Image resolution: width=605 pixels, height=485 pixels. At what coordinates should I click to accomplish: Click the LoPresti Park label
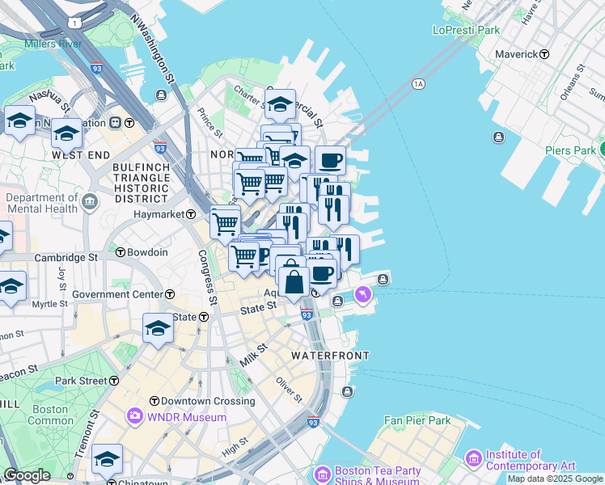click(466, 31)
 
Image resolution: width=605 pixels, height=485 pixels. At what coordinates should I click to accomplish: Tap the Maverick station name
click(517, 54)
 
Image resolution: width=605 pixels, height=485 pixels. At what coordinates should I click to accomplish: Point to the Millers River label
click(53, 43)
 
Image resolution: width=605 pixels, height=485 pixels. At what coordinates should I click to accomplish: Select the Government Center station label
click(117, 294)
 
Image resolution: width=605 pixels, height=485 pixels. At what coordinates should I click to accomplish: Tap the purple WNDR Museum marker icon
click(133, 417)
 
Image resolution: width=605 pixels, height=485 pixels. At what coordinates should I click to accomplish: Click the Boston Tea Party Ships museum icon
click(323, 474)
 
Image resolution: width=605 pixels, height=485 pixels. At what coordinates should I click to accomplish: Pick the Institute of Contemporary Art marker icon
click(473, 459)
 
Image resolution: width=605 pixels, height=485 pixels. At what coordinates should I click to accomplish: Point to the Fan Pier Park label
click(417, 420)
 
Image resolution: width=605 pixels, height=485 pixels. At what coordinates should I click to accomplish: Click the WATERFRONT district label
click(330, 356)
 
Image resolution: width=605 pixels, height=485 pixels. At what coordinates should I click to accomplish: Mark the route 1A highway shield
click(418, 83)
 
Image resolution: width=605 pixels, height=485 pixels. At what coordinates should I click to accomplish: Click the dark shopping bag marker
click(294, 283)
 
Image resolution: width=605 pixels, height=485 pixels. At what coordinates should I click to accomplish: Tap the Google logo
click(26, 475)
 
